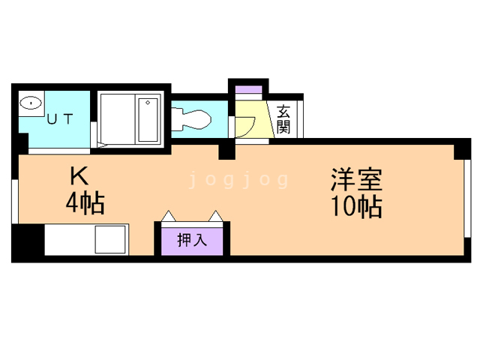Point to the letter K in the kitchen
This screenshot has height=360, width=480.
[79, 176]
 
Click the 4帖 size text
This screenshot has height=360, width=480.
[84, 202]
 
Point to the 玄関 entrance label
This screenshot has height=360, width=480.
[283, 118]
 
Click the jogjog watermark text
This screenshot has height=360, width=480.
[238, 180]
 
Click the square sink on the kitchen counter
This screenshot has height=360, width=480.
[109, 240]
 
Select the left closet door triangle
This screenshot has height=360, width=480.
[169, 217]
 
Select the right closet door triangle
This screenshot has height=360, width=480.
[217, 217]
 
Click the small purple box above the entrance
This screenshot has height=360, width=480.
[248, 91]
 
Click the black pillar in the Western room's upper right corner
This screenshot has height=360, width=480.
[463, 148]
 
